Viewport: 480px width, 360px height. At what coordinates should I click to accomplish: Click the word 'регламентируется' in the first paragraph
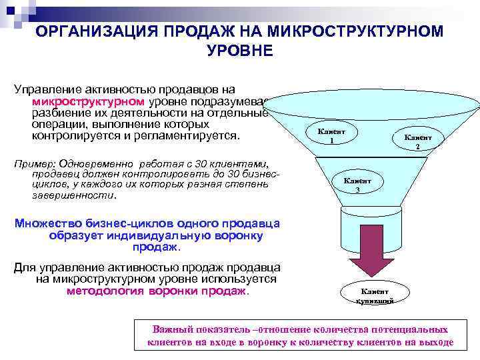190,136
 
